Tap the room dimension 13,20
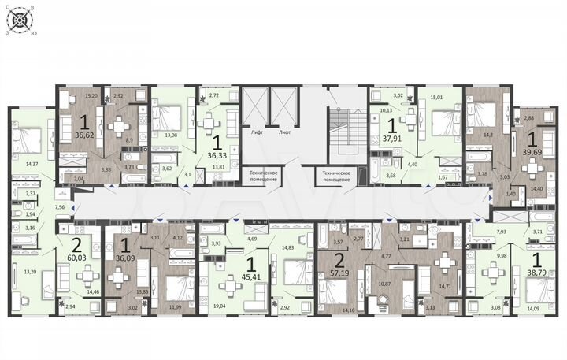pos(31,272)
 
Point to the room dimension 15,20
pos(91,98)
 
